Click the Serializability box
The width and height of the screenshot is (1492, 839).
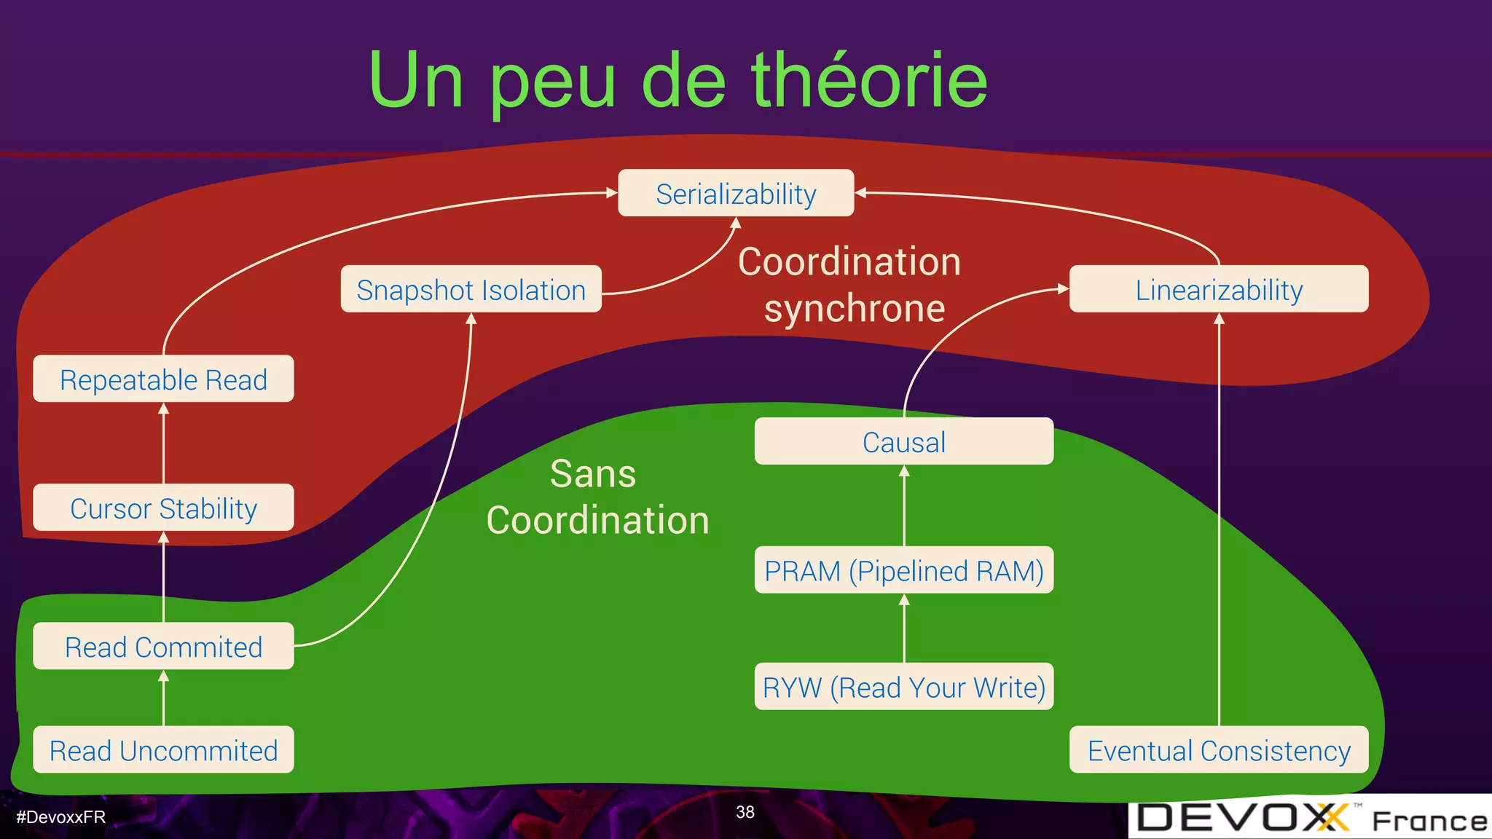click(736, 193)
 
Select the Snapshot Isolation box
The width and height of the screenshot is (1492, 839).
click(471, 289)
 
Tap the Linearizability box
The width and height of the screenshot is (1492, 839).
click(1218, 289)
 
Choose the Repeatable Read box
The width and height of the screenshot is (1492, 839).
click(163, 379)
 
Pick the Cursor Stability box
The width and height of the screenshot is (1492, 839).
click(163, 508)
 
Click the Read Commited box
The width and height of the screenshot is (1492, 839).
click(163, 646)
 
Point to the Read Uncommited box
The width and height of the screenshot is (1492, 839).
click(163, 749)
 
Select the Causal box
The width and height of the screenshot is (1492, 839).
click(903, 441)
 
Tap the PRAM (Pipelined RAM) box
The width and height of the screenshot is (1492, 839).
click(903, 570)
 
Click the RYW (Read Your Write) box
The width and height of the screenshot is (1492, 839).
click(903, 686)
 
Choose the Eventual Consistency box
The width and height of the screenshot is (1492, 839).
click(1218, 749)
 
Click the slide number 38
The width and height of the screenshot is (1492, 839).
click(745, 812)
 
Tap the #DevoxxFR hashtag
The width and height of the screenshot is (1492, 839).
click(61, 817)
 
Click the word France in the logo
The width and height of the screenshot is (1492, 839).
click(1429, 821)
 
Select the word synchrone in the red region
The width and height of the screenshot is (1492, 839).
click(854, 308)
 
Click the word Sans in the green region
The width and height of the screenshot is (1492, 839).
click(593, 473)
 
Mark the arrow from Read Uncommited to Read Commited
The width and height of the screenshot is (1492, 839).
click(163, 698)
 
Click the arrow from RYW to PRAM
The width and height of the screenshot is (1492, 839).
click(904, 628)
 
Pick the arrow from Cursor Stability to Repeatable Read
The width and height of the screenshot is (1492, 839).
click(163, 443)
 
